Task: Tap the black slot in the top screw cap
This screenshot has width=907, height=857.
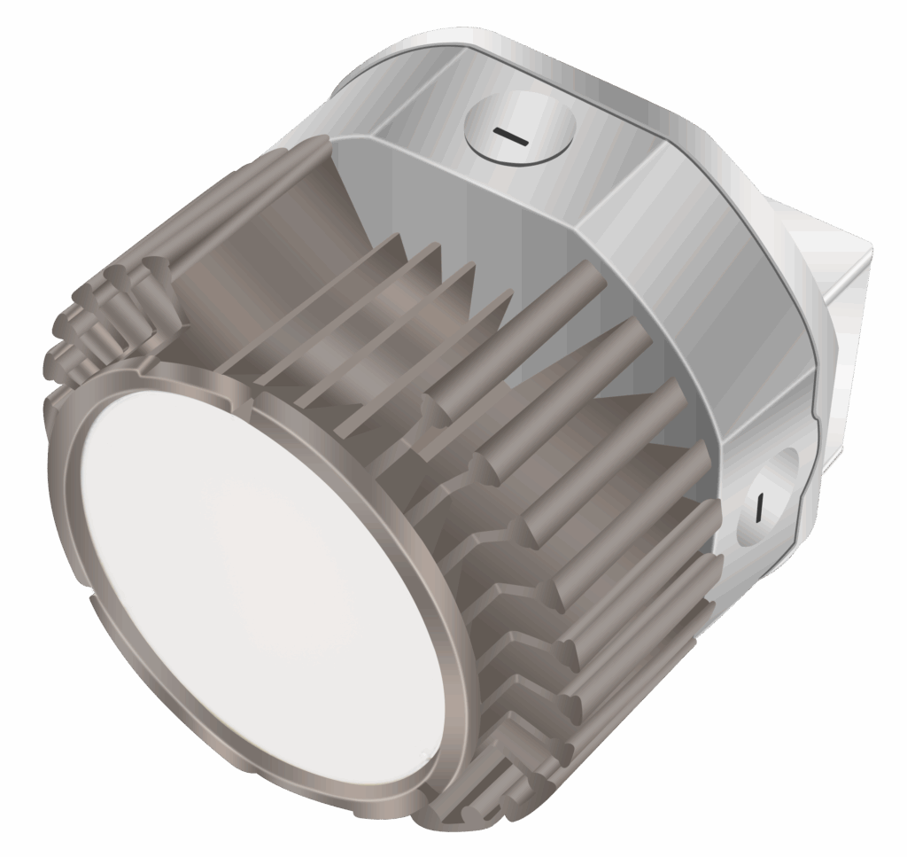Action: (x=511, y=136)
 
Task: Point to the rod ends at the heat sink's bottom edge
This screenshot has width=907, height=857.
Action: (x=496, y=789)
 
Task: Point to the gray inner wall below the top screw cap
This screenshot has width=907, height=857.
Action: (x=496, y=204)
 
